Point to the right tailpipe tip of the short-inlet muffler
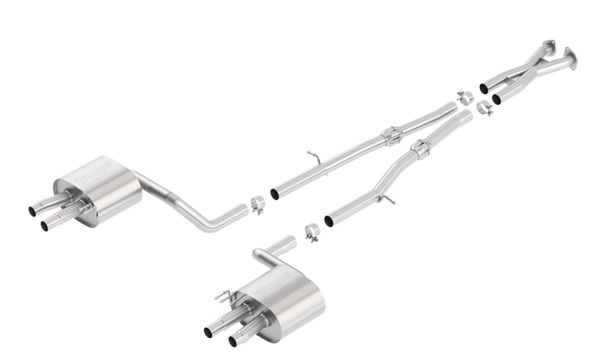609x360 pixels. [x=234, y=341]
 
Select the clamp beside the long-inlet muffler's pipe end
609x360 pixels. [x=258, y=204]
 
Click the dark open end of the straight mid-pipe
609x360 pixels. [x=275, y=193]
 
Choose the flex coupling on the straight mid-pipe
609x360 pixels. [x=392, y=136]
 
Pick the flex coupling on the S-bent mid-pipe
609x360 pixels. [x=420, y=149]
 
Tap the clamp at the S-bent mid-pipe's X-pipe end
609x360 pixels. [x=485, y=108]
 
